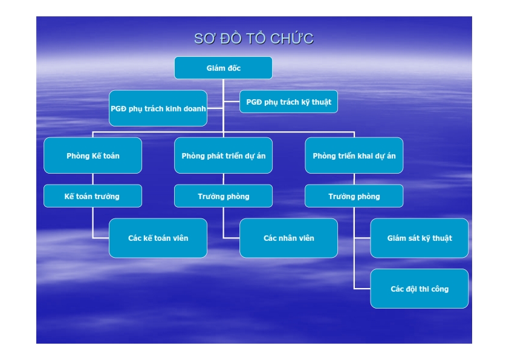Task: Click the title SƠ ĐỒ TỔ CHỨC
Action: pos(254,38)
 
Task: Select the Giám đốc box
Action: pos(223,68)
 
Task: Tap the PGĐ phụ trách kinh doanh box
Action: pos(158,108)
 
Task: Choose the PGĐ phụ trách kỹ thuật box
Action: pos(288,102)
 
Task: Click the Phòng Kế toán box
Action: pos(93,155)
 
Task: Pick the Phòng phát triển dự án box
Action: pos(223,155)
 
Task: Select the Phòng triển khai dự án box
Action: pos(354,155)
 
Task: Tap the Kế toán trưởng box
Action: pos(93,196)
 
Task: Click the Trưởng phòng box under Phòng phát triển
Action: pos(223,196)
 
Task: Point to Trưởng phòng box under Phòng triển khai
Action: pos(354,196)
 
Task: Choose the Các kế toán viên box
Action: pos(158,238)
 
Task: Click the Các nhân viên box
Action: pos(288,238)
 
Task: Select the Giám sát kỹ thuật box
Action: pos(420,238)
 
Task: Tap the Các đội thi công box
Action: pos(420,289)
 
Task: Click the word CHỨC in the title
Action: pos(292,38)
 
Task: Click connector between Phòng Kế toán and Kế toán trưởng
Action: pos(93,179)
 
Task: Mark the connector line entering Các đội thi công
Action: pos(362,288)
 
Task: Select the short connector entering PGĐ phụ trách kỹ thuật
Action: pos(232,102)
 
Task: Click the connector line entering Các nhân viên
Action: pos(232,238)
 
